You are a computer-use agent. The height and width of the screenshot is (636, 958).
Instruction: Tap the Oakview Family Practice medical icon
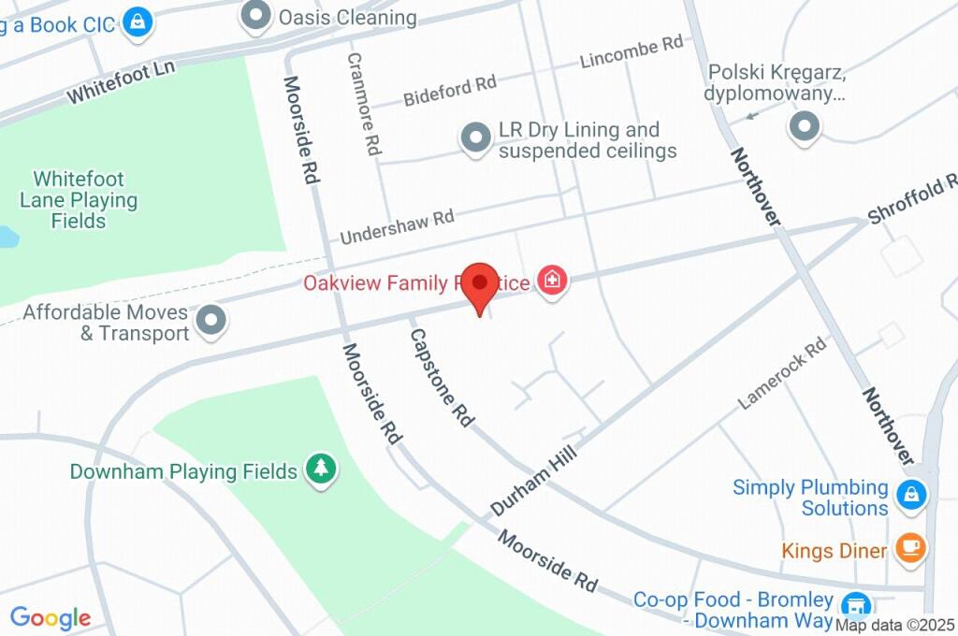[x=553, y=281]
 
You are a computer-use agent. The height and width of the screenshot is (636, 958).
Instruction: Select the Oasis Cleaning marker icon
[x=254, y=16]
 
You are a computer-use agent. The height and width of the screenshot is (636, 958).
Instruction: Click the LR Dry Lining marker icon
[x=476, y=139]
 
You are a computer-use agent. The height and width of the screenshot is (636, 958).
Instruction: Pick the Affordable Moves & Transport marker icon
[x=213, y=321]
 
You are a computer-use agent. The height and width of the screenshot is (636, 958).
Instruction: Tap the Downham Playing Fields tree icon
[x=321, y=470]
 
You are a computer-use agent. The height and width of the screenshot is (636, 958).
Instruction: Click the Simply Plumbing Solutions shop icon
[x=910, y=495]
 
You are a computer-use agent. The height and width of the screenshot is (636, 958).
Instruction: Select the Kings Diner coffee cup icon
[x=910, y=549]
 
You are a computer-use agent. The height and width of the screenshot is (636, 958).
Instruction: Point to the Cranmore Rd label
[x=365, y=103]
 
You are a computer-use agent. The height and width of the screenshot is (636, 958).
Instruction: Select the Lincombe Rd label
[x=631, y=52]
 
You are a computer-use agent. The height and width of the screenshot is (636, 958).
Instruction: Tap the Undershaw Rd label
[x=397, y=226]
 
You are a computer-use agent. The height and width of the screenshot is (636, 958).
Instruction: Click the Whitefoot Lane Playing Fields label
[x=79, y=199]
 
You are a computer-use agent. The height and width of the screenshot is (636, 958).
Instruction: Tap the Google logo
[x=50, y=617]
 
